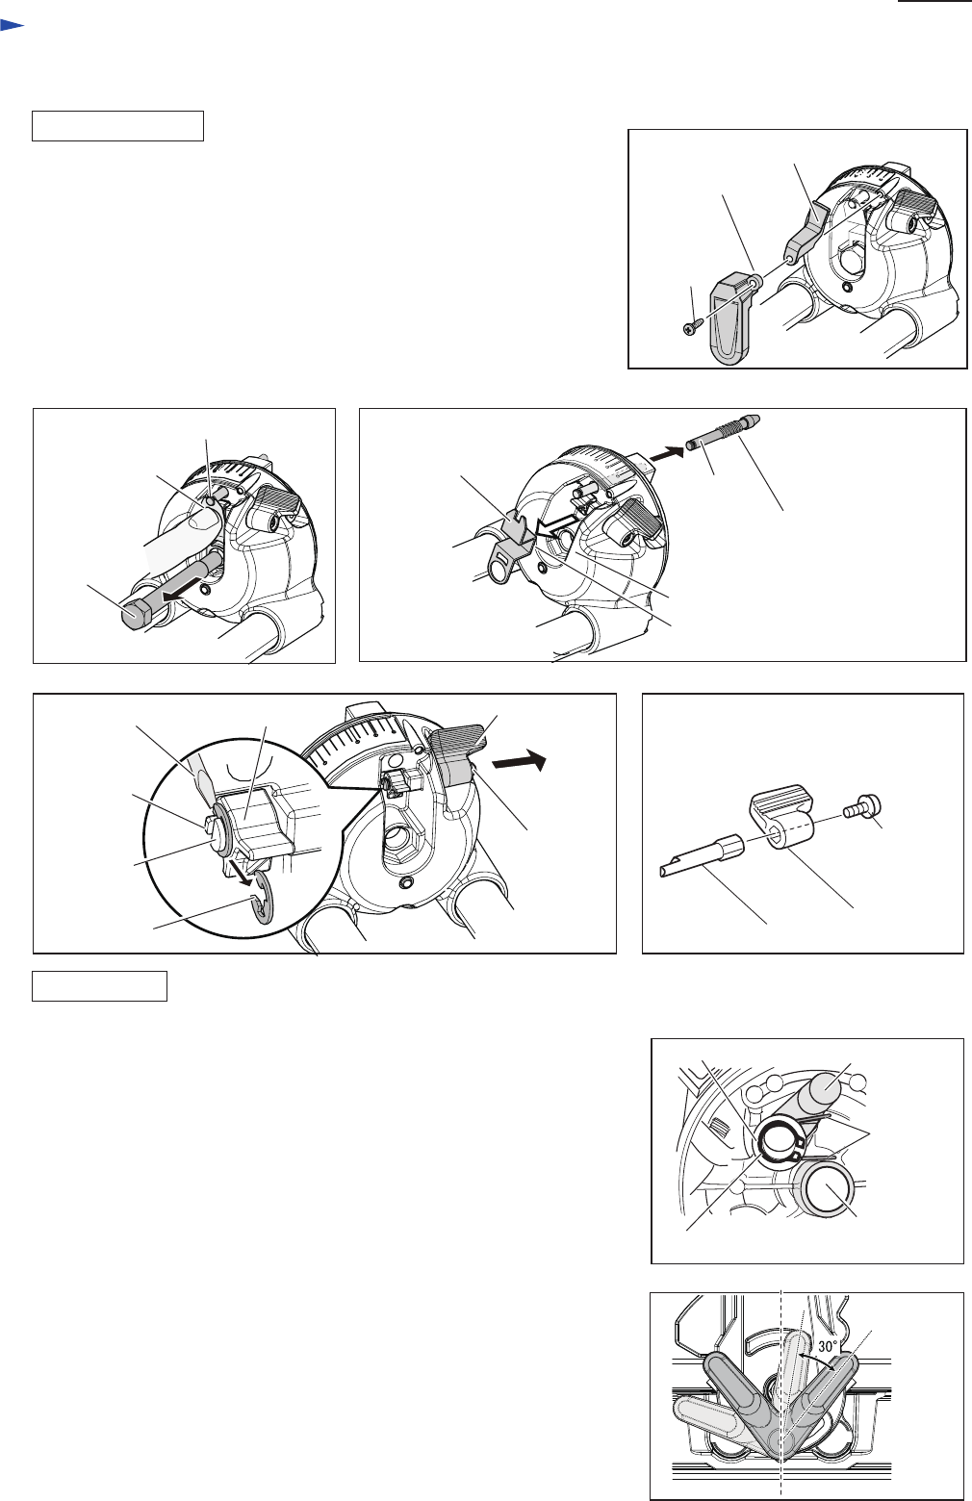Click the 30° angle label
click(828, 1346)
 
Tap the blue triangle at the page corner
click(12, 26)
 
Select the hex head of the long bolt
click(137, 612)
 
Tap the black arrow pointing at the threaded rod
click(666, 453)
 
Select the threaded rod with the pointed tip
click(722, 432)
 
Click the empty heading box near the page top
click(117, 126)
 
